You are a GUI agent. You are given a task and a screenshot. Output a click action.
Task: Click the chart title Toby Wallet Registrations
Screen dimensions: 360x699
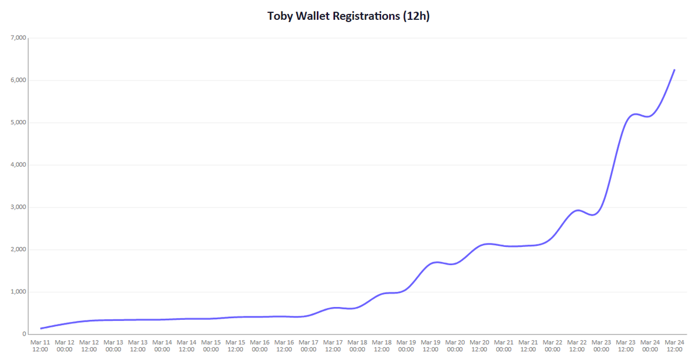click(x=348, y=16)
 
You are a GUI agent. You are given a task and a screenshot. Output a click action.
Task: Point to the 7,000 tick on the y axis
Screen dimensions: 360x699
click(x=18, y=38)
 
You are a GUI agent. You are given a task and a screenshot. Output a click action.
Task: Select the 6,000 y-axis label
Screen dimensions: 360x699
click(x=18, y=80)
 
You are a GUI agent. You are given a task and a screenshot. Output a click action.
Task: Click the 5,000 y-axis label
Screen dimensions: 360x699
click(x=18, y=122)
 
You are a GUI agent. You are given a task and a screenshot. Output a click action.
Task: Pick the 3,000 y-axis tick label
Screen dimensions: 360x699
click(x=18, y=207)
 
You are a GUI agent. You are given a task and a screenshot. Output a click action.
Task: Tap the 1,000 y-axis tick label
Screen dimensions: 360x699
click(x=18, y=292)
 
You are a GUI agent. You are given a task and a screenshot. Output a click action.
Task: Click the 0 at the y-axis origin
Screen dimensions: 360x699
click(x=23, y=334)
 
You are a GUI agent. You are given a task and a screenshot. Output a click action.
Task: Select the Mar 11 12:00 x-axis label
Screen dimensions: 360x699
click(x=40, y=345)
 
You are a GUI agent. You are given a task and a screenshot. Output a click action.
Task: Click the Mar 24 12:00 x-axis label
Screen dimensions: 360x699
click(x=675, y=345)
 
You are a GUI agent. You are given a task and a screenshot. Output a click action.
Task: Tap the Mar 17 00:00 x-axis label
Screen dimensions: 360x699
click(x=309, y=345)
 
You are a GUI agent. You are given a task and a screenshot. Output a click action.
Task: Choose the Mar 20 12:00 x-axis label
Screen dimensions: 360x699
click(x=479, y=345)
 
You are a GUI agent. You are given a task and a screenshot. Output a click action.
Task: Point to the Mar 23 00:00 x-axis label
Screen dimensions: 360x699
click(x=601, y=345)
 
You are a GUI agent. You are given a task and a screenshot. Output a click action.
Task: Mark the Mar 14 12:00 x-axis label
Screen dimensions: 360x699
click(x=186, y=345)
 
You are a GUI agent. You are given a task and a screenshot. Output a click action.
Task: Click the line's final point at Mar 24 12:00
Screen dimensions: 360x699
click(x=675, y=70)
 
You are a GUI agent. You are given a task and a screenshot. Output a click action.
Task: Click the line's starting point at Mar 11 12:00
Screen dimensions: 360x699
click(x=40, y=329)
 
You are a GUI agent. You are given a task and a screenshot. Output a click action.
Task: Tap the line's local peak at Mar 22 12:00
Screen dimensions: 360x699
click(x=577, y=210)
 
